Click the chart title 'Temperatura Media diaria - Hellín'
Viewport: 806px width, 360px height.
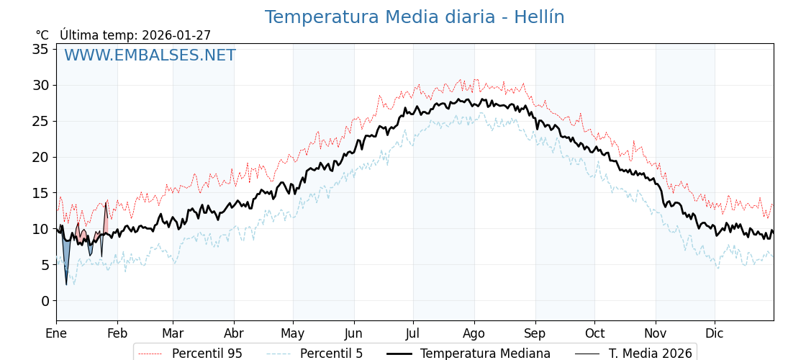tap(415, 17)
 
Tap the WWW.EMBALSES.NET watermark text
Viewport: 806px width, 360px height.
tap(150, 55)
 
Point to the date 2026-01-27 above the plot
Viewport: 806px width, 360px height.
tap(176, 35)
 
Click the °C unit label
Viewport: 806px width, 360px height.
tap(42, 35)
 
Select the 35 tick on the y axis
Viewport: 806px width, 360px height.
tap(40, 49)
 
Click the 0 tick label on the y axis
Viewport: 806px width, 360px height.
tap(45, 301)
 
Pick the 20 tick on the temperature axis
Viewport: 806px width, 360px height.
tap(40, 157)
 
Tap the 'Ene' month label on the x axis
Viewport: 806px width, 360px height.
tap(56, 333)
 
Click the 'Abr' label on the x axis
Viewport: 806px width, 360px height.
tap(234, 333)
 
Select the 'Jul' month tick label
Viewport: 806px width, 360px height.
tap(413, 333)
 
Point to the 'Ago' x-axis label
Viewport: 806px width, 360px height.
tap(474, 333)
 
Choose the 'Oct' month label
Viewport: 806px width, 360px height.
tap(594, 333)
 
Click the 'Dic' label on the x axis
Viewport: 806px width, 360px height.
tap(715, 333)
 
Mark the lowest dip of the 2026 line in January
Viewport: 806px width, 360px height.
tap(66, 284)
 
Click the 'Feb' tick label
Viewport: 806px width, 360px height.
tap(117, 333)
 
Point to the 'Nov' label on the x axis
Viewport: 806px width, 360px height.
tap(656, 333)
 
